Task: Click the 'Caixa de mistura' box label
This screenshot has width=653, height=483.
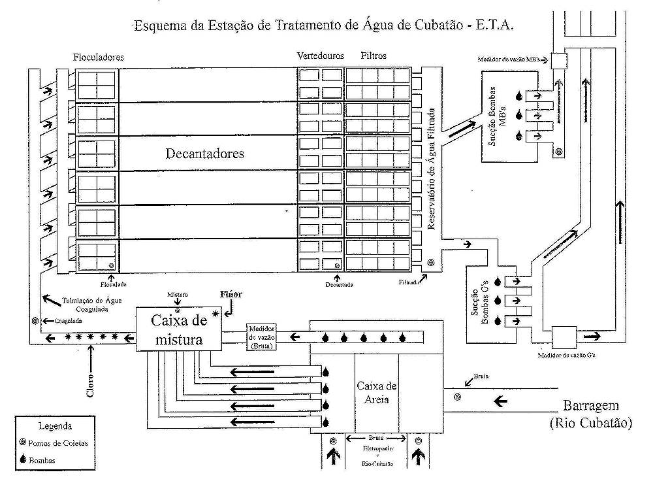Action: tap(177, 330)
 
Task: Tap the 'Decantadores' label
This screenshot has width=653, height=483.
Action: tap(205, 154)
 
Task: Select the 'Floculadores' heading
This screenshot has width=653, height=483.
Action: tap(98, 58)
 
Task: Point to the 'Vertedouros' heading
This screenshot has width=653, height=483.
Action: tap(319, 56)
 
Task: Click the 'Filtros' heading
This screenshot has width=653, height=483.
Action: tap(374, 56)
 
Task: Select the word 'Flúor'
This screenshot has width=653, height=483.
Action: tap(231, 294)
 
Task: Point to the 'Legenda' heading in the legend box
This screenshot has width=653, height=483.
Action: tap(55, 427)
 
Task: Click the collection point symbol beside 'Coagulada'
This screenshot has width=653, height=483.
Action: tap(35, 321)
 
